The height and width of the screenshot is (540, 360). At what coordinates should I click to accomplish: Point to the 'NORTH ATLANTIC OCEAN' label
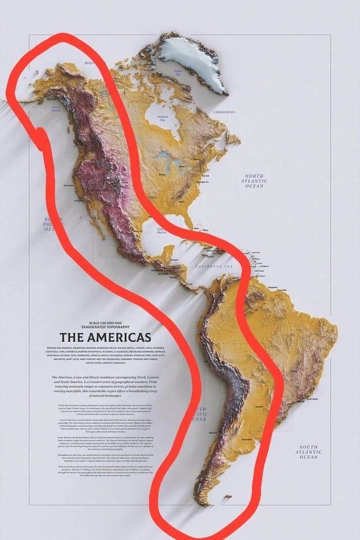point(254,181)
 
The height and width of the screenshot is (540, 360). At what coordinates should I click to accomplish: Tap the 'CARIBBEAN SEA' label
point(214,266)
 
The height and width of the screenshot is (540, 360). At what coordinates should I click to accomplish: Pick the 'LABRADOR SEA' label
point(224,112)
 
